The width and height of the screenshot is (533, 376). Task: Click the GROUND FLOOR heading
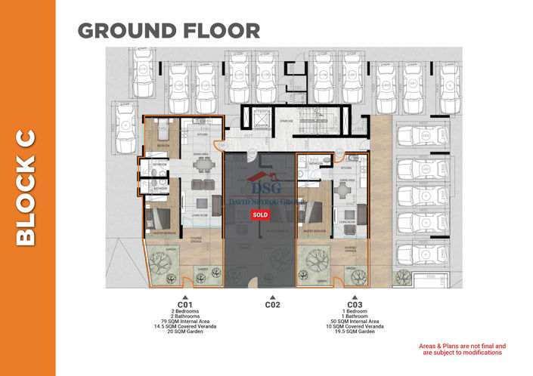[x=169, y=31]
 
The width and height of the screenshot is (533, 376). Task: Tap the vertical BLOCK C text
[x=26, y=189]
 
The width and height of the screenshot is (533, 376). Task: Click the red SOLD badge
[x=259, y=214]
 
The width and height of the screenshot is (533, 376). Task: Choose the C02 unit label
[x=272, y=306]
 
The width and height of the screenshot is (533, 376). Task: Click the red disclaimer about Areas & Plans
[x=462, y=349]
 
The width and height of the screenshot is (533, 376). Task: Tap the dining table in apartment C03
[x=344, y=191]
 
